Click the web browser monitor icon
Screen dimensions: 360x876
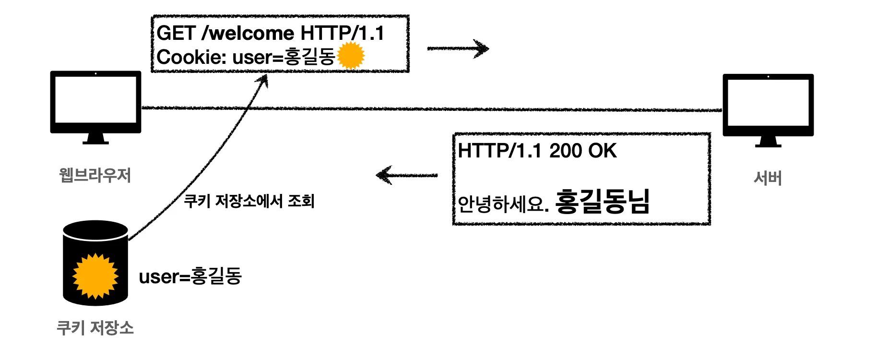(x=95, y=104)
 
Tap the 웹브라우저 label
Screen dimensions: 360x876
(x=95, y=175)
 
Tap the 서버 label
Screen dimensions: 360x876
(x=768, y=178)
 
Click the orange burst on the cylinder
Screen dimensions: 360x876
(x=95, y=276)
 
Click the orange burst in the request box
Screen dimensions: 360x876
(x=351, y=55)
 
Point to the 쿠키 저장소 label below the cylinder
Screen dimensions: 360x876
(x=95, y=328)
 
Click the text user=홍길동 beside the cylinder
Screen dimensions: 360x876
(x=190, y=276)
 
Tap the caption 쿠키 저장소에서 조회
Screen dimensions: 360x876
(x=249, y=201)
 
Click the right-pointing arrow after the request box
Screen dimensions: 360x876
(x=458, y=48)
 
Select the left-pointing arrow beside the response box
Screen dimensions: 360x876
(x=406, y=175)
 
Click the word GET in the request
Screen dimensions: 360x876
(x=176, y=33)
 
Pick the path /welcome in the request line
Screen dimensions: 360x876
(x=248, y=33)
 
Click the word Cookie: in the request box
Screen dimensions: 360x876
(x=191, y=57)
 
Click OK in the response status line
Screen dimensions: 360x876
(x=602, y=151)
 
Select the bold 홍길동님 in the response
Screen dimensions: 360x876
(x=602, y=201)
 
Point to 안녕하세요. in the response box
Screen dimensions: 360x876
(x=503, y=204)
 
